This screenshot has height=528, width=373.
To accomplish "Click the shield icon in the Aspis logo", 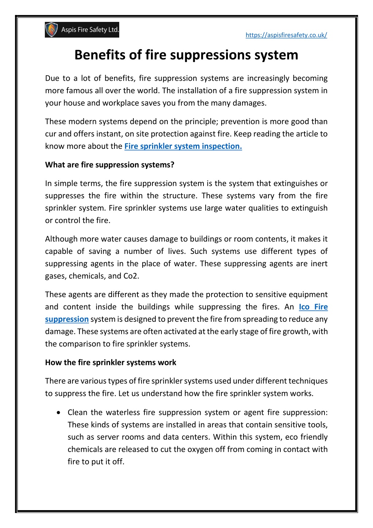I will click(52, 30).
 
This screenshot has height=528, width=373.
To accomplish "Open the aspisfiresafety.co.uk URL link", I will click(286, 35).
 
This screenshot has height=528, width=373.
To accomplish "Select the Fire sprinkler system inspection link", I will click(183, 146).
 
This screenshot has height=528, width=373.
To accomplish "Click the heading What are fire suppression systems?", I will click(109, 165).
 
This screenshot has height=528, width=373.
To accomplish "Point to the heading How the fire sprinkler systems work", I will click(110, 363).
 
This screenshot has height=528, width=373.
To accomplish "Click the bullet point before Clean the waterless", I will click(59, 413).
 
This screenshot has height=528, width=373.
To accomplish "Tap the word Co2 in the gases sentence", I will click(131, 276).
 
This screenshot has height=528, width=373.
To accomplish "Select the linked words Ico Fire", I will click(313, 307).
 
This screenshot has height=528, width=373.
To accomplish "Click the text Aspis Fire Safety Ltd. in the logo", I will click(90, 30).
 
